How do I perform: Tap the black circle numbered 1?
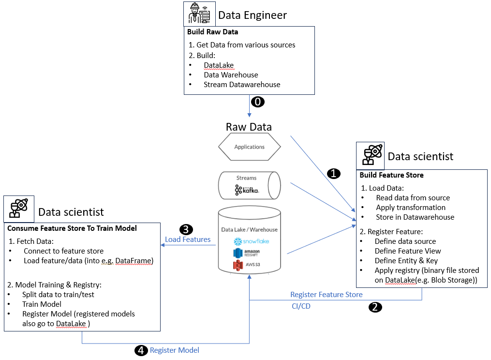pos(334,173)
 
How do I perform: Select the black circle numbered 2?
pos(375,306)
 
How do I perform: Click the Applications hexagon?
pos(249,147)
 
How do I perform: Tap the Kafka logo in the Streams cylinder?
pos(247,190)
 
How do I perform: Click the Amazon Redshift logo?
pos(247,253)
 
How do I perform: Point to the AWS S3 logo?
pos(246,265)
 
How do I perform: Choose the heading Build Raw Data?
pos(212,32)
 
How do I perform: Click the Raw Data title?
pos(249,127)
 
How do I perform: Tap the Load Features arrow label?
pos(188,239)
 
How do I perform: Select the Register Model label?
pos(174,350)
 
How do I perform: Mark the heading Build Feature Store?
pos(391,175)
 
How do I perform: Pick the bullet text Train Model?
pos(42,304)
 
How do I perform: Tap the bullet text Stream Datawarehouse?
pos(242,85)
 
